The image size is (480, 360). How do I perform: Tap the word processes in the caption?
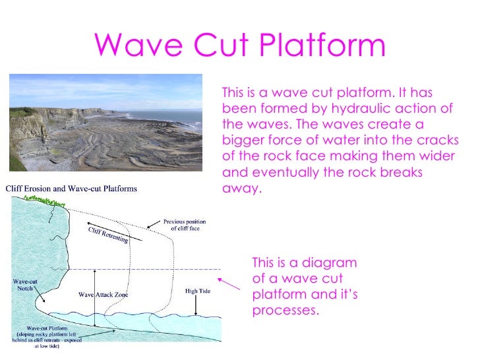(x=285, y=309)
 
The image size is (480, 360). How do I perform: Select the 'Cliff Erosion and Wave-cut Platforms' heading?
(x=72, y=189)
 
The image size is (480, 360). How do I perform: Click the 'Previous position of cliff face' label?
(x=185, y=225)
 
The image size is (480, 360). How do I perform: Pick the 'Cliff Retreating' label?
(x=109, y=233)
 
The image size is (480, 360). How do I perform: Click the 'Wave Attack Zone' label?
(x=103, y=295)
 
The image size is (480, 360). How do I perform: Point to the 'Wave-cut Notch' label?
(x=26, y=285)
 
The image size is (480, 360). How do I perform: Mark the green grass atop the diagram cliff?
(x=49, y=198)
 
